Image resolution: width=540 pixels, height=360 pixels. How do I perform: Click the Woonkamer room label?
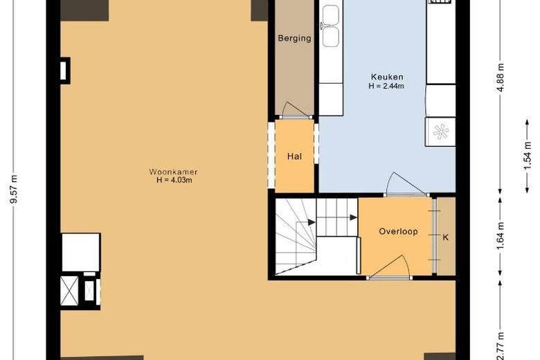point(173,172)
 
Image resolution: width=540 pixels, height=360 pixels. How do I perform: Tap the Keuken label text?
point(387,77)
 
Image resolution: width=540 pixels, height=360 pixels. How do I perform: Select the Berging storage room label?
point(294,38)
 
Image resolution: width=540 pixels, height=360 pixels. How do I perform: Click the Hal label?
point(294,156)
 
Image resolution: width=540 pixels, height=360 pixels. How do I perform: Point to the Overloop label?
point(399,231)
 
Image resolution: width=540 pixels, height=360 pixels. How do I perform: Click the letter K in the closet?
point(446,237)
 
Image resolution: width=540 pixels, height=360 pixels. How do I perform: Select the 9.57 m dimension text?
point(13,190)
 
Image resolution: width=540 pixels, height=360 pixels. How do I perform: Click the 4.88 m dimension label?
point(501,77)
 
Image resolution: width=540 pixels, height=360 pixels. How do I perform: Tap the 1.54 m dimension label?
point(528,156)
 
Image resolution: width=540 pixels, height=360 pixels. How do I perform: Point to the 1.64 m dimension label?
point(501,236)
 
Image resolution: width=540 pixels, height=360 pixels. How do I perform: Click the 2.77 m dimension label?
point(501,348)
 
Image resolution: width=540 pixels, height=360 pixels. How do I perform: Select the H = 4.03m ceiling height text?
point(174,180)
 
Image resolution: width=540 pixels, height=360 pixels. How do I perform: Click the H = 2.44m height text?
point(386,86)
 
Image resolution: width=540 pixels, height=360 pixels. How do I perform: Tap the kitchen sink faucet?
point(324,25)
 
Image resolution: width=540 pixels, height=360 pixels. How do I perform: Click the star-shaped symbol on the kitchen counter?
point(441,132)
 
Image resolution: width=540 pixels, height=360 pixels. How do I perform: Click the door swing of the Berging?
point(295,110)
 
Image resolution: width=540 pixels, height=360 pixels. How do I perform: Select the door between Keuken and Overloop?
point(406,184)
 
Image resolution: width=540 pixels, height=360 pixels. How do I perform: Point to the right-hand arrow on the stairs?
point(353,217)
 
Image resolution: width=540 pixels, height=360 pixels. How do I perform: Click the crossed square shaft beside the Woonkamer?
point(69,291)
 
